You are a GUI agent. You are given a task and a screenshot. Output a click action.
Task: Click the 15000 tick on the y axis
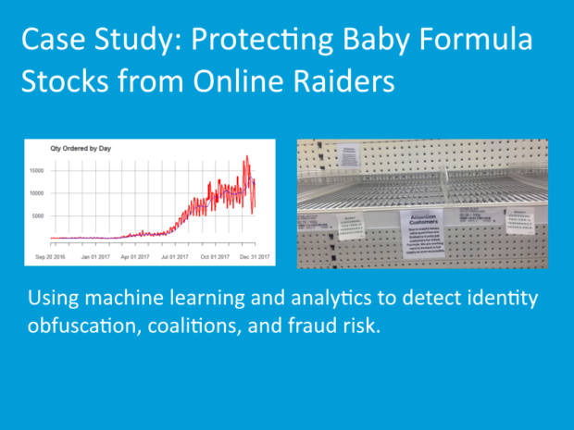pyautogui.click(x=39, y=171)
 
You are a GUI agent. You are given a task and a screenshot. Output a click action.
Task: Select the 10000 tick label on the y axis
pyautogui.click(x=39, y=193)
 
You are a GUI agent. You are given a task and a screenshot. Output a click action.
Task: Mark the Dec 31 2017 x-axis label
pyautogui.click(x=253, y=256)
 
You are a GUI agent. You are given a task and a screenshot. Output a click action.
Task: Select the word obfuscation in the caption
pyautogui.click(x=81, y=326)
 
